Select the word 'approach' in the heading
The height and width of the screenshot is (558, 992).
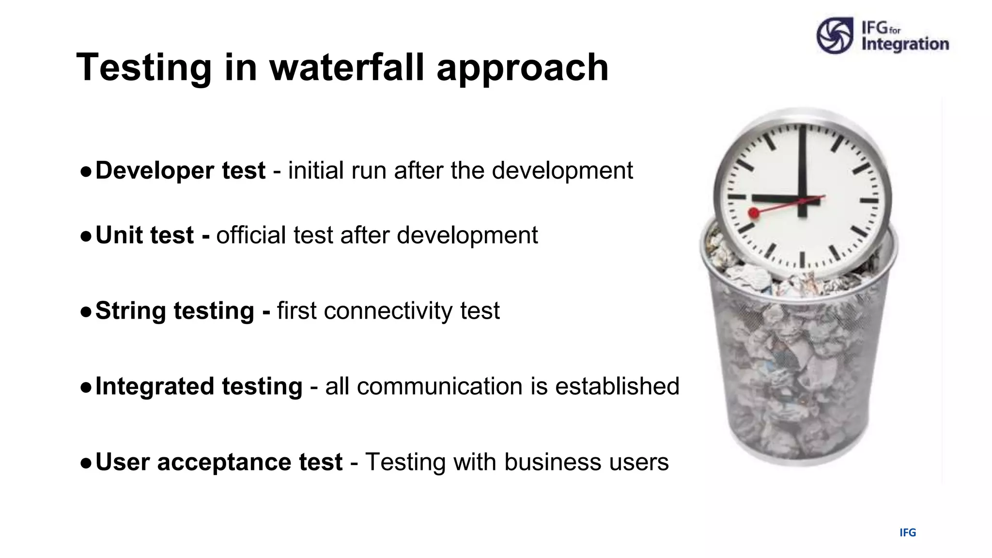tap(522, 68)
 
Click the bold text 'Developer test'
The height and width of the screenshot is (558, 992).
tap(180, 170)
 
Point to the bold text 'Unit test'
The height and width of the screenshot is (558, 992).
tap(144, 235)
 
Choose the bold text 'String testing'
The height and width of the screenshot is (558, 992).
tap(174, 310)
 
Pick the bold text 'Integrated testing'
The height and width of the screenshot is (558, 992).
tap(199, 387)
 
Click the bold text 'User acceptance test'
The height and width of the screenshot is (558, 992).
tap(219, 462)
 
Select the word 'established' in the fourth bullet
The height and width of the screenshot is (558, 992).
tap(617, 387)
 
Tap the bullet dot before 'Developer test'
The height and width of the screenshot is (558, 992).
tap(86, 171)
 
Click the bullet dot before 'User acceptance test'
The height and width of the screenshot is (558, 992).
tap(86, 463)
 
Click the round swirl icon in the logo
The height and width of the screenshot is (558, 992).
tap(835, 35)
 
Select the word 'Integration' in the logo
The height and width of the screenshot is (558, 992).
tap(905, 44)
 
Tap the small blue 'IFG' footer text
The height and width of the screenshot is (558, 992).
tap(907, 533)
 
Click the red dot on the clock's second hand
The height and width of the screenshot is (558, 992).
tap(754, 213)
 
